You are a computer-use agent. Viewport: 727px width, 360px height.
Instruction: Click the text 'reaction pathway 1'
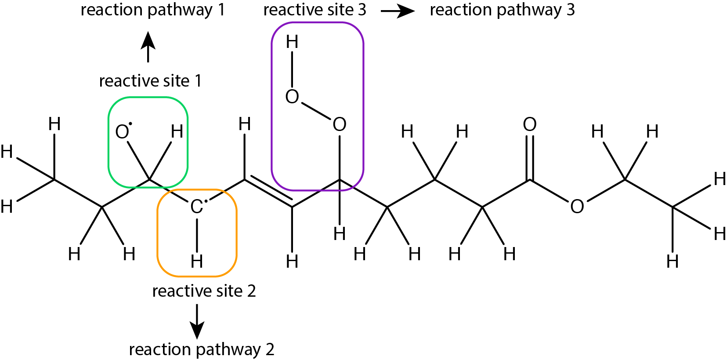153,10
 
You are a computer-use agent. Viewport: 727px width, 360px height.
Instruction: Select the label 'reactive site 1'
150,80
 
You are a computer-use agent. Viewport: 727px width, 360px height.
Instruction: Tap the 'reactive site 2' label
204,291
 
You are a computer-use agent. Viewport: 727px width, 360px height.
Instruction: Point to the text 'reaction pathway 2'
202,349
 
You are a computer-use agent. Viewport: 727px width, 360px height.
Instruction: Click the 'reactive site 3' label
315,10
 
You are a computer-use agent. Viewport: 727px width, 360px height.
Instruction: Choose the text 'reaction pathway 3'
503,10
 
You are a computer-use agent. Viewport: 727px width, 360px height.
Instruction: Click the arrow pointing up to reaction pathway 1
148,47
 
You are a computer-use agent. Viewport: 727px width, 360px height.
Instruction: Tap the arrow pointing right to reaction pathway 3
398,11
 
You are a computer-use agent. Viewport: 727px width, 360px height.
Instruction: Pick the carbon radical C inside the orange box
197,207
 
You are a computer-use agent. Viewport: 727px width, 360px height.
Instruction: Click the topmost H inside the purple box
292,42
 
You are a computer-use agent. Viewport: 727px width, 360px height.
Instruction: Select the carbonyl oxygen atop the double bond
530,124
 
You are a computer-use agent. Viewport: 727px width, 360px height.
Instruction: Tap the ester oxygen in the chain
577,207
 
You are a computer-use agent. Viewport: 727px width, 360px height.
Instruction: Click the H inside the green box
177,131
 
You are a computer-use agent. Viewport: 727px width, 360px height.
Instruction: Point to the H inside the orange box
197,261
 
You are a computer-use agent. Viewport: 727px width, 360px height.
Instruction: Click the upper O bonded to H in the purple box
292,97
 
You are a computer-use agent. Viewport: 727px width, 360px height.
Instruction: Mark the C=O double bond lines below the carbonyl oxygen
530,157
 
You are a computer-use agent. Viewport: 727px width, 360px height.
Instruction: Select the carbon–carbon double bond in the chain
268,191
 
